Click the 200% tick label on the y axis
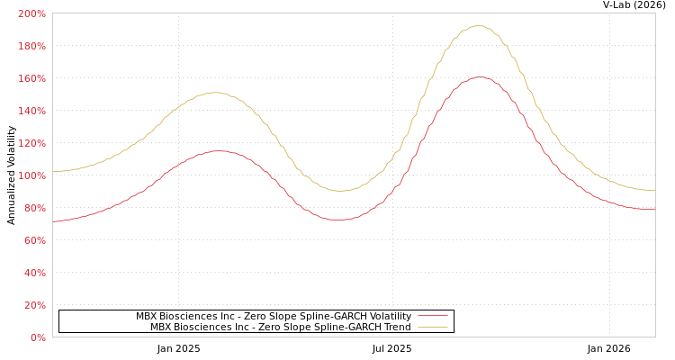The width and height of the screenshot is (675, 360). [31, 14]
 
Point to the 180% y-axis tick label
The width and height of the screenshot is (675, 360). [31, 47]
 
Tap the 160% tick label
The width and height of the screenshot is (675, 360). [31, 79]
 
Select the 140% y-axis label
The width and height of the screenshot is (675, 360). [31, 112]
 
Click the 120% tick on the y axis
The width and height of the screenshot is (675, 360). [31, 144]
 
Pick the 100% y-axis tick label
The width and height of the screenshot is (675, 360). [31, 176]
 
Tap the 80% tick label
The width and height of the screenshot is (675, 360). [34, 209]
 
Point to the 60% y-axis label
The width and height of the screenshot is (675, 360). [34, 241]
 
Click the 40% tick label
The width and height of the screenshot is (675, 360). [34, 274]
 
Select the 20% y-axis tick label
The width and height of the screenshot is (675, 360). [34, 306]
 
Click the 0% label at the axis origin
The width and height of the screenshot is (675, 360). [38, 338]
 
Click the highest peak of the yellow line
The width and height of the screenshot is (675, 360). [478, 26]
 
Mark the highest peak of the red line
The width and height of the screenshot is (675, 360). [479, 77]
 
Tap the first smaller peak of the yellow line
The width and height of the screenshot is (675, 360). [216, 93]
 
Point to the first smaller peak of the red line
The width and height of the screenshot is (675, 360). [219, 151]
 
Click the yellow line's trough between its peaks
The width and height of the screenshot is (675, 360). [342, 191]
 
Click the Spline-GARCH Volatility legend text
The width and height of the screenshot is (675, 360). [274, 317]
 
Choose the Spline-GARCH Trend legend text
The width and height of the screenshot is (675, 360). [280, 328]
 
